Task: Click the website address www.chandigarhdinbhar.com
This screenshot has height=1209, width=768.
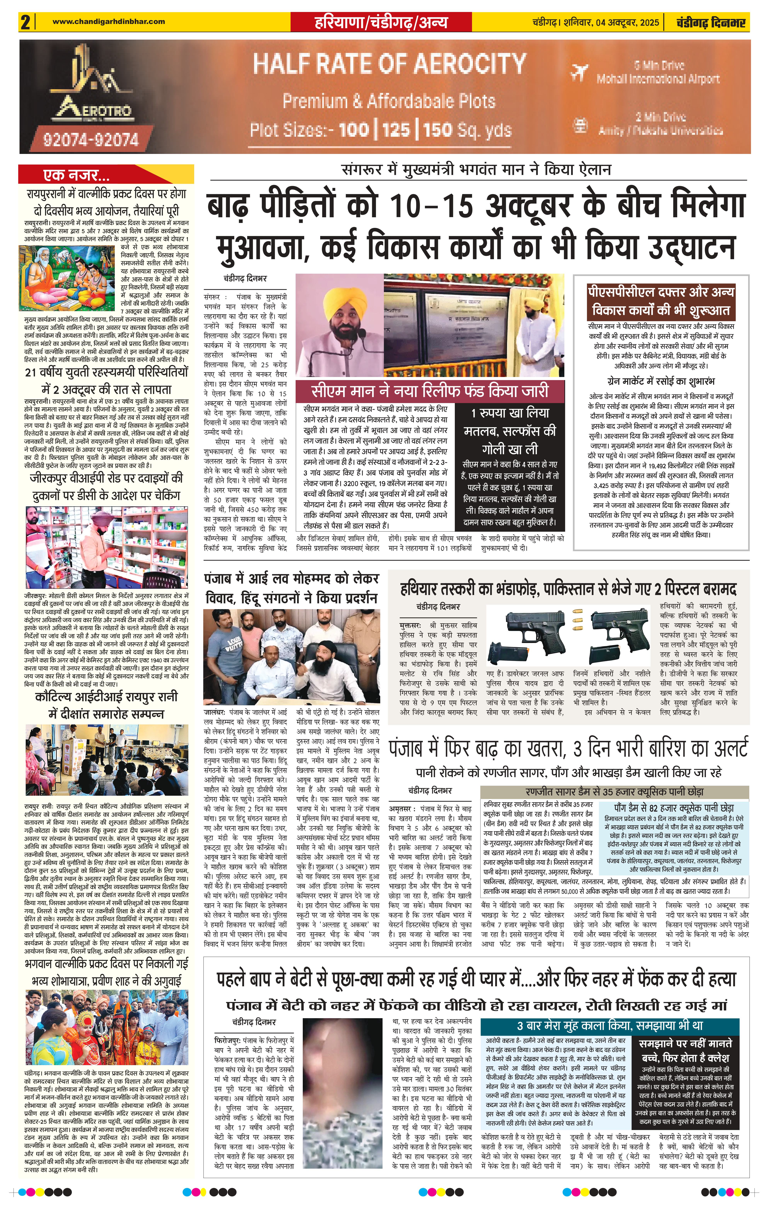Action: [x=109, y=22]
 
